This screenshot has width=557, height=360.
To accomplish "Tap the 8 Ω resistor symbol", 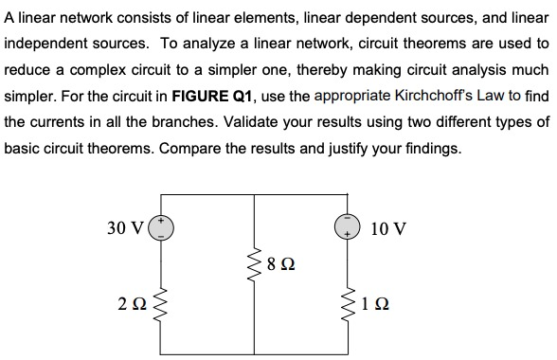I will (x=255, y=262).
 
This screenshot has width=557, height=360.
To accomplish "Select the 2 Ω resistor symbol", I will (x=160, y=305).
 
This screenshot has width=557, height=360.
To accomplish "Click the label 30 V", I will (x=125, y=227).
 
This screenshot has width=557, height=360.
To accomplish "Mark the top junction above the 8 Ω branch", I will (x=255, y=197).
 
